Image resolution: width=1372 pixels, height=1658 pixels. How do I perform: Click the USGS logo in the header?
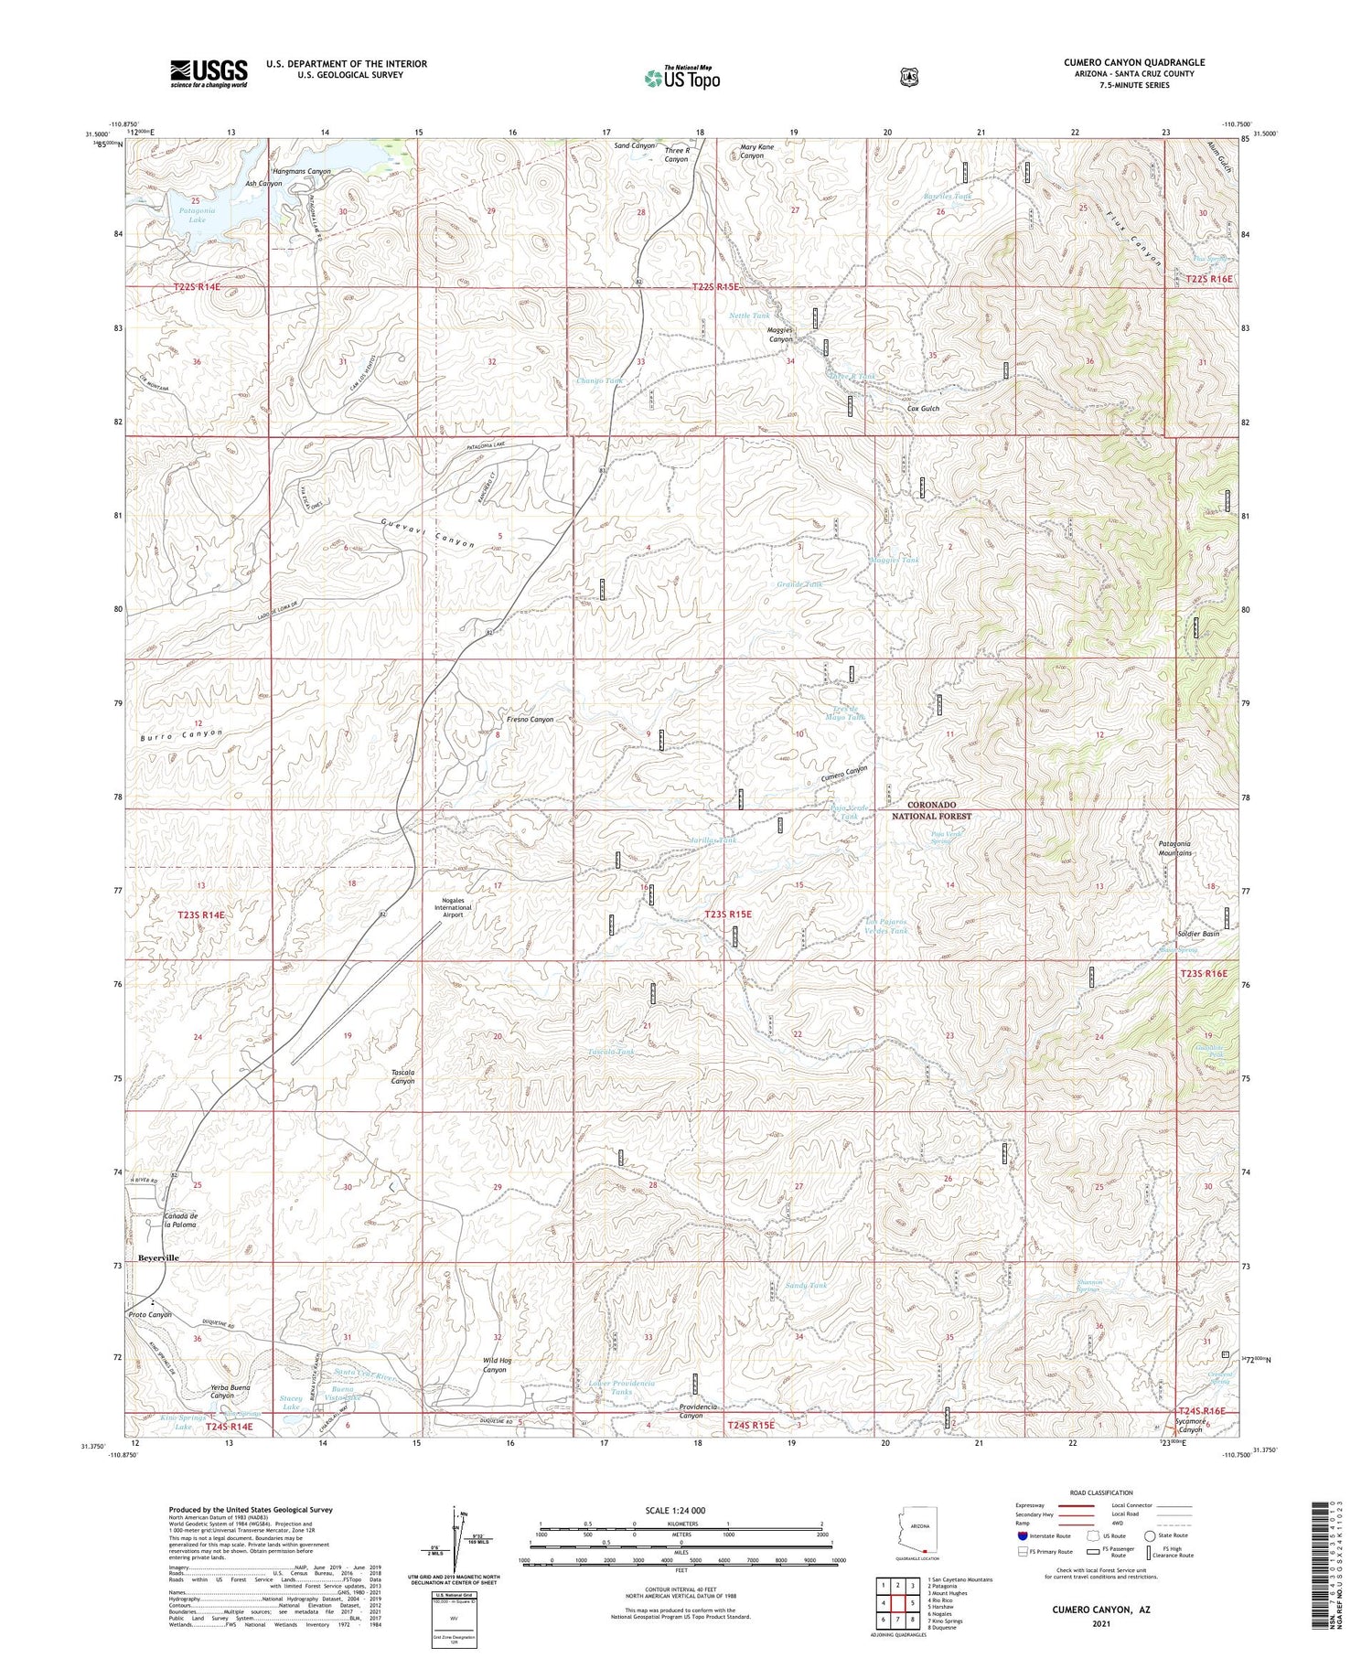point(209,73)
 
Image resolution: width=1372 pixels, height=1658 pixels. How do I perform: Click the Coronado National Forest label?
point(932,810)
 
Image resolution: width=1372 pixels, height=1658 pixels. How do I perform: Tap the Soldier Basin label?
point(1198,934)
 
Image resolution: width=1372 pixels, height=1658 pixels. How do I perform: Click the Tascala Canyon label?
point(402,1076)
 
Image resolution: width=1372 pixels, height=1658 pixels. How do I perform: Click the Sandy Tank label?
point(806,1286)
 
